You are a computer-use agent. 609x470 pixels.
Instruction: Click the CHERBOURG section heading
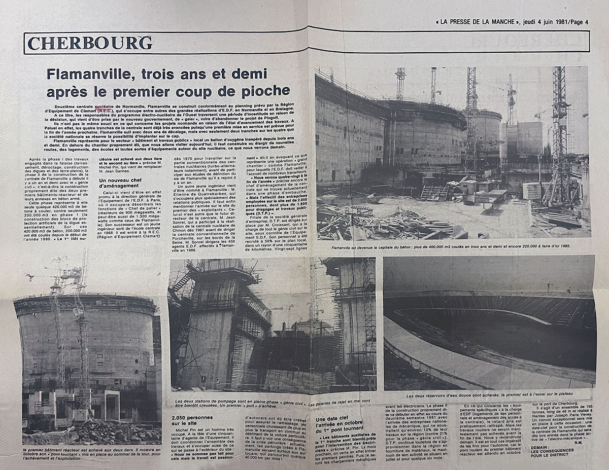click(90, 43)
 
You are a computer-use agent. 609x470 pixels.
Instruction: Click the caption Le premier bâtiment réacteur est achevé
click(92, 454)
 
